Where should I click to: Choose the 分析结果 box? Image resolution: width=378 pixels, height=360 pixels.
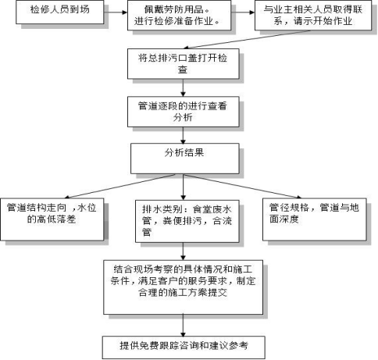(184, 154)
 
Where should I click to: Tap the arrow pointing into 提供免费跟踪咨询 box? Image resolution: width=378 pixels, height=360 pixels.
(184, 323)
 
